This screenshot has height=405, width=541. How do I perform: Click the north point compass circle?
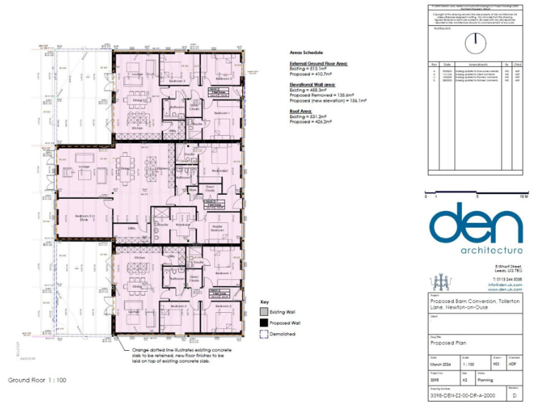475,39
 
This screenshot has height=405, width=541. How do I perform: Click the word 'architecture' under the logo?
491,250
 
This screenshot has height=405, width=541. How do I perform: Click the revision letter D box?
515,396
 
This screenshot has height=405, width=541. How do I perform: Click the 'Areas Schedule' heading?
306,53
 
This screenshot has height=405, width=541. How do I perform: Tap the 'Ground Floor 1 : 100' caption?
37,380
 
